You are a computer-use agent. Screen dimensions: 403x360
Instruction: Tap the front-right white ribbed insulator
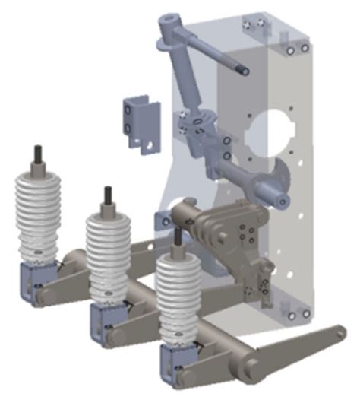[x=178, y=293]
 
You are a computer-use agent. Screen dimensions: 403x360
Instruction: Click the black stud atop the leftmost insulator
[x=36, y=154]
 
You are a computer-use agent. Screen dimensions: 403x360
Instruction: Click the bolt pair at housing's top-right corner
[x=297, y=51]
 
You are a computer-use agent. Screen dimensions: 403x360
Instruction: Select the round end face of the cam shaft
[x=283, y=201]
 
